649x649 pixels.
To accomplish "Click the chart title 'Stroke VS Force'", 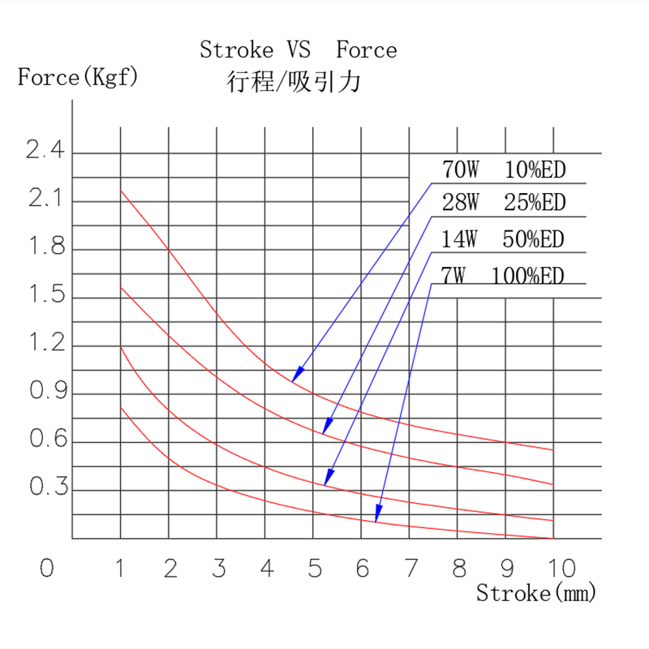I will point(299,50).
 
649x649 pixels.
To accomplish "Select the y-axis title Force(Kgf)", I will point(78,78).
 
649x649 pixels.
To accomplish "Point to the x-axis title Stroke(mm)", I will point(535,593).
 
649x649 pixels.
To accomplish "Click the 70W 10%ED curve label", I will point(503,170).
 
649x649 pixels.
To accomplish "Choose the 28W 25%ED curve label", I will point(503,203).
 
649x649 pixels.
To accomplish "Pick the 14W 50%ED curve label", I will point(503,239).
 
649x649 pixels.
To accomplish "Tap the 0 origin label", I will point(46,569).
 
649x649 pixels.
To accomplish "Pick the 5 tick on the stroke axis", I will point(315,569).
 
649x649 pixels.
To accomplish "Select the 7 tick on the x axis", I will point(410,569).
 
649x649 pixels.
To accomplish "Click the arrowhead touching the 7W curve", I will point(377,516).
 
